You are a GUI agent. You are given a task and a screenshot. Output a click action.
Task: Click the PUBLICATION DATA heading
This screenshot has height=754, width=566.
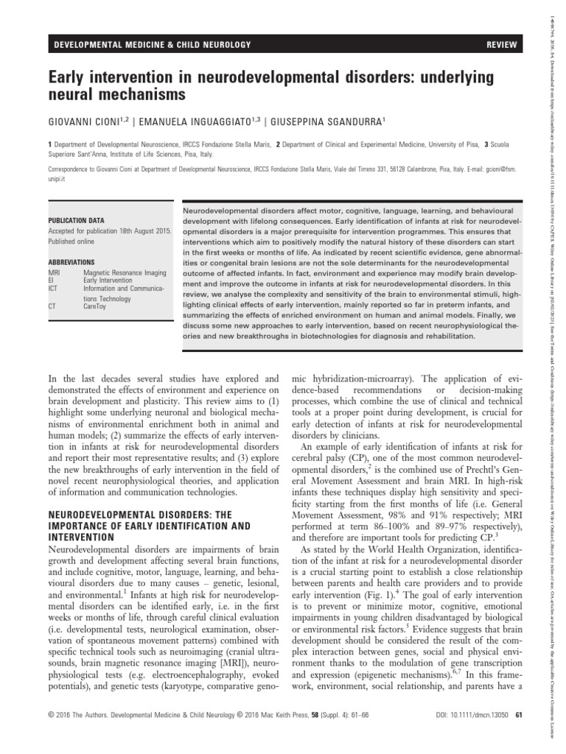[x=76, y=221]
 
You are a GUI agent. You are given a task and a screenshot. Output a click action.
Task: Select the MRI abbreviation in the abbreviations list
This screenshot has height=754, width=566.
[x=54, y=272]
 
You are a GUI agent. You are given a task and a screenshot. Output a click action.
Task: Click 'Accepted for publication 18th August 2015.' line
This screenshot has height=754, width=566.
[x=110, y=230]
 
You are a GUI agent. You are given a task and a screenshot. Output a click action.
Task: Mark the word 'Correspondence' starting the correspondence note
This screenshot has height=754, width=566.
[x=71, y=169]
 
